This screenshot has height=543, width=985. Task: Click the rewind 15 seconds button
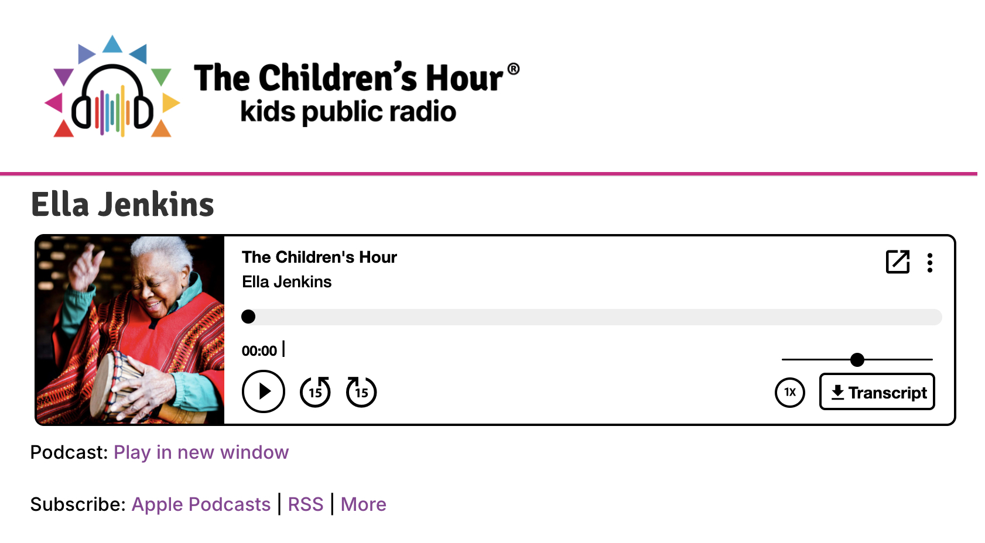click(315, 391)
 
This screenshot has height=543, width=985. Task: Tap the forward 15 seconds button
click(361, 391)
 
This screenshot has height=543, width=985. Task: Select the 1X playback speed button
click(790, 392)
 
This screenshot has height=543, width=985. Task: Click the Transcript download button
click(877, 392)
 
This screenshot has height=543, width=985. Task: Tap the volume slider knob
click(857, 360)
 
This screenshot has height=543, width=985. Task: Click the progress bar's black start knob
click(248, 317)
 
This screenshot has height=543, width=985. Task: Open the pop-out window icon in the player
click(898, 262)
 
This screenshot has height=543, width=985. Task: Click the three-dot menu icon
click(929, 263)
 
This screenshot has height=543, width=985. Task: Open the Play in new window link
click(201, 452)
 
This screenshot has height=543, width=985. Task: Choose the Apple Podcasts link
click(201, 504)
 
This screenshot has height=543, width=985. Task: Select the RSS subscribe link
click(306, 504)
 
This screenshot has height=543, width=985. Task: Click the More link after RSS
click(363, 504)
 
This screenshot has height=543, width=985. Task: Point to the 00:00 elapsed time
click(259, 350)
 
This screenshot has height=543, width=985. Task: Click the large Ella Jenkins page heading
click(122, 205)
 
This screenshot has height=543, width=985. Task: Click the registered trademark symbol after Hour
click(513, 69)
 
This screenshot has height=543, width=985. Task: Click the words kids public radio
click(348, 112)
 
